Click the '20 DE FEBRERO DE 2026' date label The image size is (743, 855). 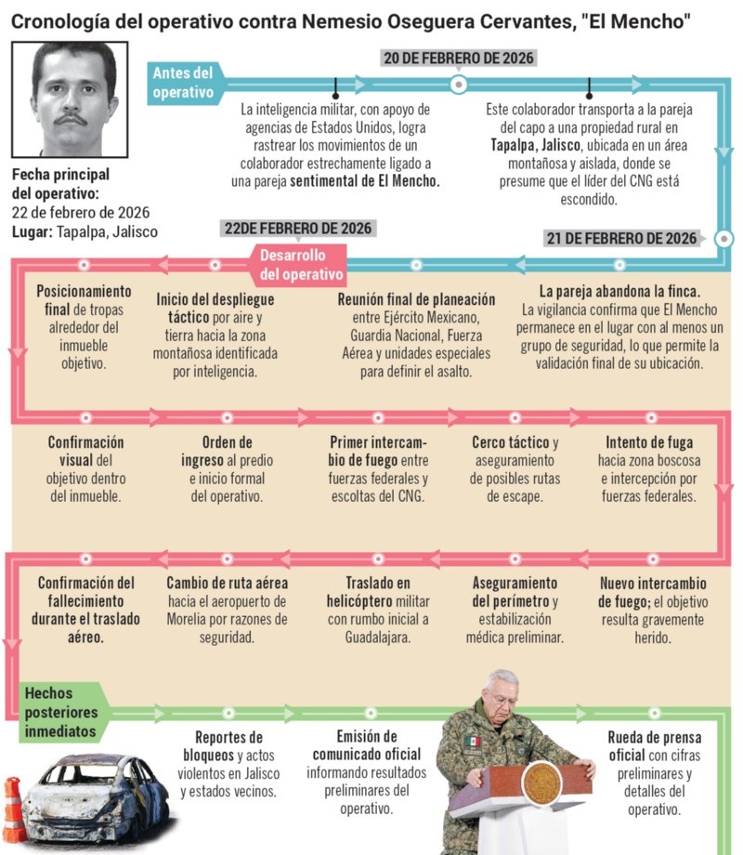point(459,59)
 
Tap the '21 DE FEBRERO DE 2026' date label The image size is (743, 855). point(621,238)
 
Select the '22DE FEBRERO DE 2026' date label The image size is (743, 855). point(297,229)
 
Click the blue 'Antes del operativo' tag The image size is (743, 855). point(184,83)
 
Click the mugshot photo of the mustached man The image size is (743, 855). point(71,98)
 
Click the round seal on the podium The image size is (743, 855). point(541,783)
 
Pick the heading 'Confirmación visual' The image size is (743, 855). point(85,451)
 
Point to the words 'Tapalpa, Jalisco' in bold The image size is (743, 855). point(535,144)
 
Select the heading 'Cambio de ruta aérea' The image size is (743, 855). point(228,584)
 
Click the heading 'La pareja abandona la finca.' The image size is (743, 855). point(619,291)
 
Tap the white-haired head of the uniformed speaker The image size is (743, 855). point(502,689)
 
